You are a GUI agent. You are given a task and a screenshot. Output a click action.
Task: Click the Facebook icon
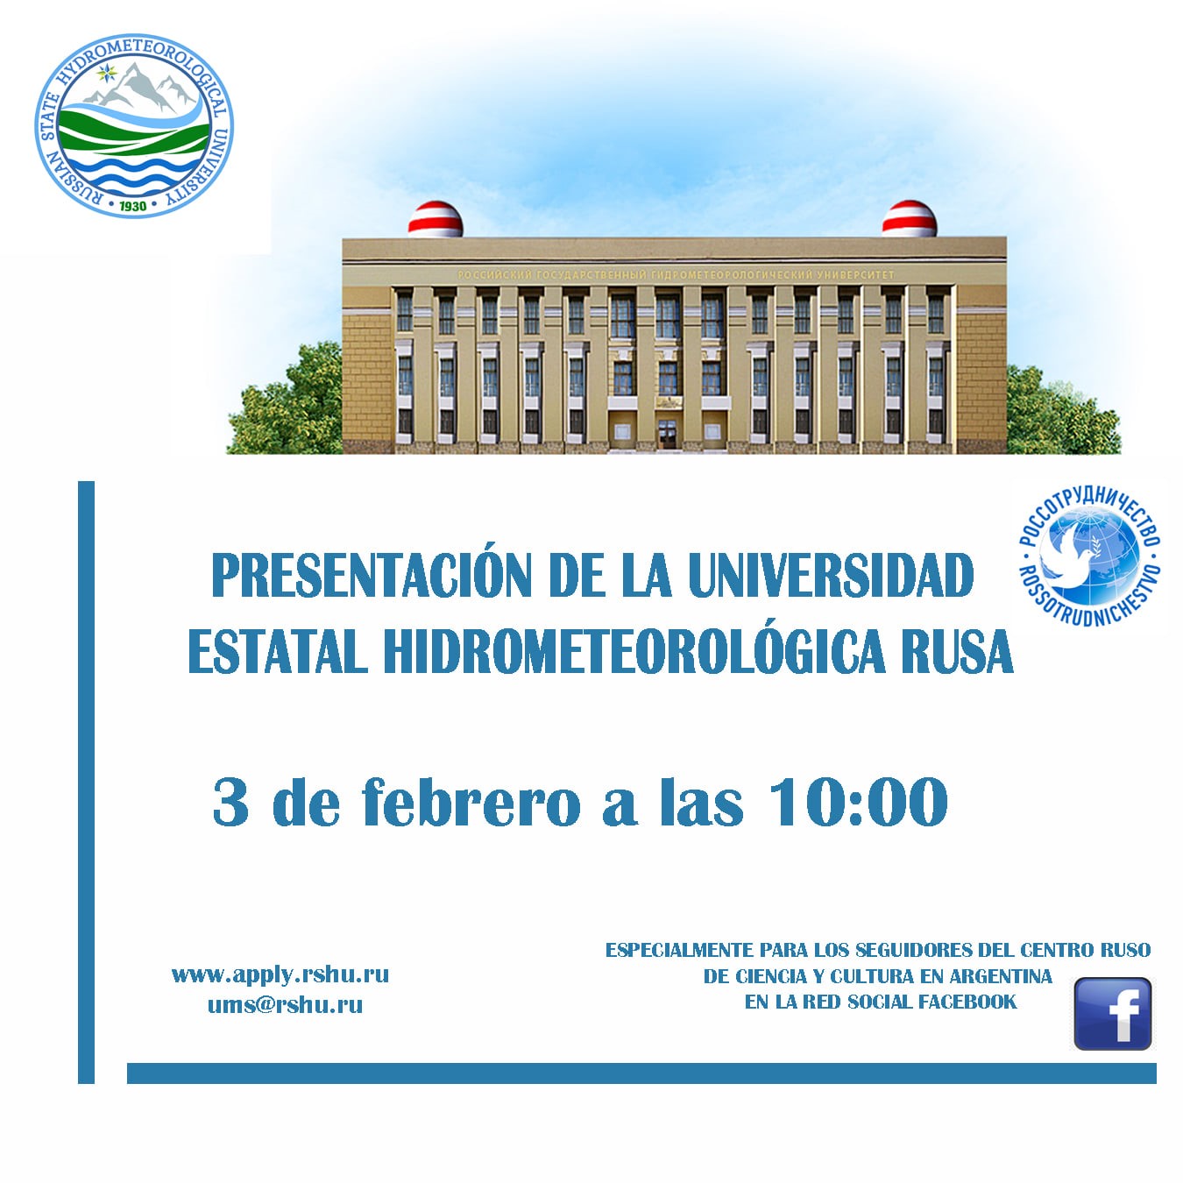pyautogui.click(x=1112, y=1014)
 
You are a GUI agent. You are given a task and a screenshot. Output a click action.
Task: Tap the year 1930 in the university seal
pyautogui.click(x=132, y=206)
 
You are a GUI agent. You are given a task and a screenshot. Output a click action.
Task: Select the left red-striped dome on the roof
pyautogui.click(x=435, y=218)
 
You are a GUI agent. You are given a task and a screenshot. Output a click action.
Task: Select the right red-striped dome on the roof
pyautogui.click(x=909, y=218)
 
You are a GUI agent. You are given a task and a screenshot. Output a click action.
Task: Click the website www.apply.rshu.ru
pyautogui.click(x=280, y=974)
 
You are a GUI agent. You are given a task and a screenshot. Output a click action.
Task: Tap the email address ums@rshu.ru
pyautogui.click(x=285, y=1005)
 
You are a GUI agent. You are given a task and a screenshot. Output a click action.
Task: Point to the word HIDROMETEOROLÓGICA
pyautogui.click(x=634, y=651)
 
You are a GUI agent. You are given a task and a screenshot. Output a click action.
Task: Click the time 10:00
pyautogui.click(x=858, y=802)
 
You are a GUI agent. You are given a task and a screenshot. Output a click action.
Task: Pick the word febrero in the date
pyautogui.click(x=471, y=802)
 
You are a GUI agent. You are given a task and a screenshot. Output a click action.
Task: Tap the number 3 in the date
pyautogui.click(x=230, y=802)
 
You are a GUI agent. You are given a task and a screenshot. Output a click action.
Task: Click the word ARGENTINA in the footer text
pyautogui.click(x=1001, y=976)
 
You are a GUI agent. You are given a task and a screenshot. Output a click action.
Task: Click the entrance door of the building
pyautogui.click(x=667, y=434)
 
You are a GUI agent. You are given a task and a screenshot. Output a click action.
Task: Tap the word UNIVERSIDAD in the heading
pyautogui.click(x=832, y=575)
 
